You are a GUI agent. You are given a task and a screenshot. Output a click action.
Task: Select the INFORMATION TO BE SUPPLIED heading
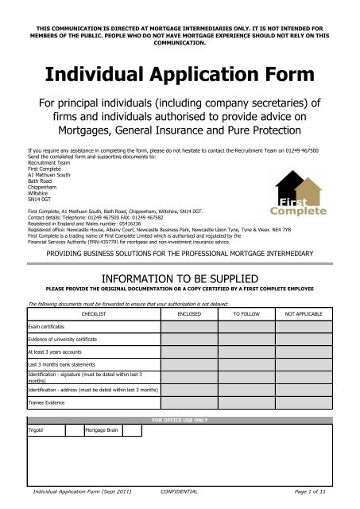pyautogui.click(x=180, y=279)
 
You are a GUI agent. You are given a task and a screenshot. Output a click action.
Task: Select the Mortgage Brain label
pyautogui.click(x=103, y=430)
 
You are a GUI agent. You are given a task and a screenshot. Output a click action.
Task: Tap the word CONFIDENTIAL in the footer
pyautogui.click(x=180, y=493)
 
